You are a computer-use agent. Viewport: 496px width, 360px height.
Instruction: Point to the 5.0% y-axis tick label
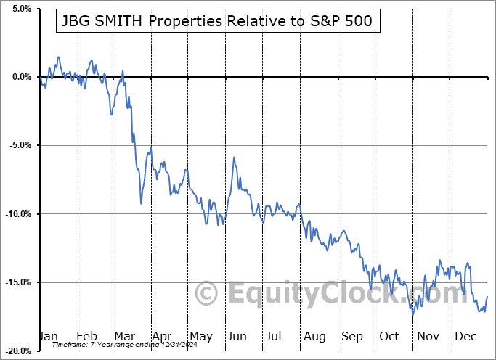(x=20, y=9)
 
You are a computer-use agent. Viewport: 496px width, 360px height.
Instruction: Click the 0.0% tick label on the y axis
(x=20, y=77)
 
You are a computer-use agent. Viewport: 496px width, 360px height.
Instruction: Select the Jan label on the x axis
(x=48, y=337)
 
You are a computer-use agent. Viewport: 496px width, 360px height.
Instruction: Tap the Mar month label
(x=124, y=337)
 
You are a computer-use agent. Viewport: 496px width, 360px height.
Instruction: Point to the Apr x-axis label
(x=161, y=337)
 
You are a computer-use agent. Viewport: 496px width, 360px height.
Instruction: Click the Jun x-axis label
(x=237, y=337)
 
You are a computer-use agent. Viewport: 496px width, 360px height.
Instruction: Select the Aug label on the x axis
(x=314, y=337)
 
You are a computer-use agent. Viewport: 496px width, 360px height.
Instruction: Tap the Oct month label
(x=389, y=337)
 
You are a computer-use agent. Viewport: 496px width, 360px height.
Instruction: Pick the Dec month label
(x=465, y=337)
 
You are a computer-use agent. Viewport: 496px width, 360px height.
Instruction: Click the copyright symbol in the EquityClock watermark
(x=207, y=294)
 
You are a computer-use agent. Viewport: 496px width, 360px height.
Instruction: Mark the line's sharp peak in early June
(x=234, y=157)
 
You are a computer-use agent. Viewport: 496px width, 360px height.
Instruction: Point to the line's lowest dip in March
(x=141, y=202)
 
